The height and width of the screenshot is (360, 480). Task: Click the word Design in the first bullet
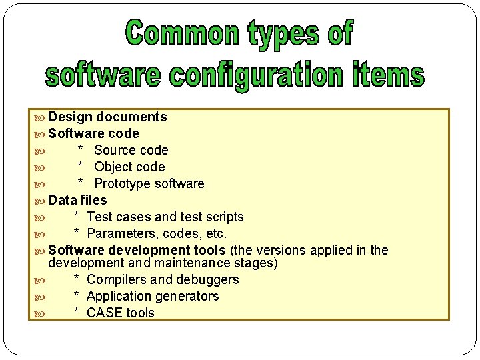(70, 117)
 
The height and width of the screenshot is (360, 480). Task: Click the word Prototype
(125, 184)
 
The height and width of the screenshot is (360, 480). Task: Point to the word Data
(63, 200)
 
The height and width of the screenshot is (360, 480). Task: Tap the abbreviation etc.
(216, 234)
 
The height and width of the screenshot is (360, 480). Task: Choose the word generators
(185, 297)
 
